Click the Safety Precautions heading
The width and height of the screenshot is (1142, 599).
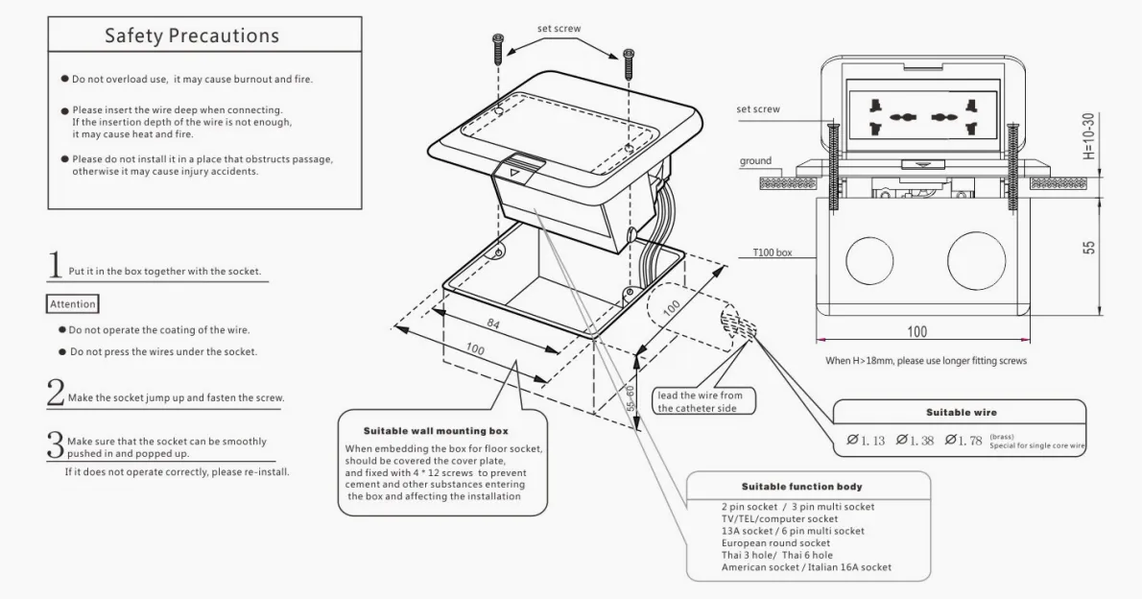click(x=192, y=36)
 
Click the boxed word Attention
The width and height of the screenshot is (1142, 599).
click(x=73, y=304)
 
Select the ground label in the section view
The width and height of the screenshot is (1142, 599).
click(x=755, y=161)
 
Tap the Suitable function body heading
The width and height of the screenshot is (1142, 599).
click(x=801, y=487)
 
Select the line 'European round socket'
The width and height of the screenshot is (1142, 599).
click(x=778, y=543)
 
